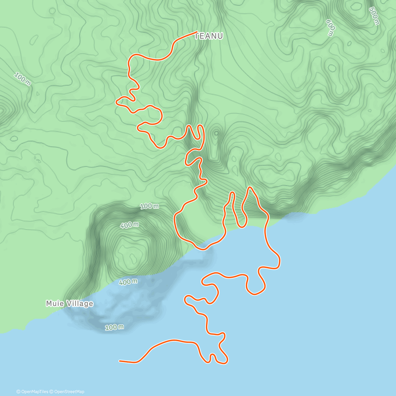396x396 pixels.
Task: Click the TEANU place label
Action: pyautogui.click(x=209, y=36)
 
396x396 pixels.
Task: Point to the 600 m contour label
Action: pyautogui.click(x=330, y=27)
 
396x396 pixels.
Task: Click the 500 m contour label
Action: pyautogui.click(x=374, y=16)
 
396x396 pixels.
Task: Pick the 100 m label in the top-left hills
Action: pyautogui.click(x=22, y=80)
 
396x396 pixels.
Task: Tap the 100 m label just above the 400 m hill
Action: pyautogui.click(x=149, y=207)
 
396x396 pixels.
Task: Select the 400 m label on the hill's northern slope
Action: pyautogui.click(x=129, y=225)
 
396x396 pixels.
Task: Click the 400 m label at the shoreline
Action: pyautogui.click(x=128, y=282)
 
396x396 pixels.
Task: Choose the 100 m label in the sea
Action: pyautogui.click(x=115, y=327)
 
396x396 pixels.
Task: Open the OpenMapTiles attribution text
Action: pyautogui.click(x=34, y=392)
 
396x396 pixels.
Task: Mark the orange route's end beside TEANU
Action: pyautogui.click(x=197, y=32)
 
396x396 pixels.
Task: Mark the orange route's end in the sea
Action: pyautogui.click(x=119, y=361)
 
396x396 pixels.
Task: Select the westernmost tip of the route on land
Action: pyautogui.click(x=116, y=102)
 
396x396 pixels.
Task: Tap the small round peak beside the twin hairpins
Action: pyautogui.click(x=216, y=133)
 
